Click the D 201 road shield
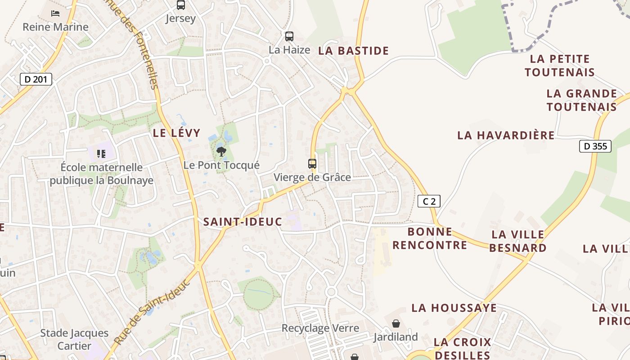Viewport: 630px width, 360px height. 36,80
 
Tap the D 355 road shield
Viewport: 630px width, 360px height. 595,146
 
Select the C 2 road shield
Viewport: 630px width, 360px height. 429,201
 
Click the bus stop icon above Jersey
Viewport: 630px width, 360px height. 180,5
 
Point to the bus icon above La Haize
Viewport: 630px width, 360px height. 289,36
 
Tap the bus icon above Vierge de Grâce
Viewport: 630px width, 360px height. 312,164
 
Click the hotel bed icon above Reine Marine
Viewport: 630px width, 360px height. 55,13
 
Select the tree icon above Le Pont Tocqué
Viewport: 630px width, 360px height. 221,152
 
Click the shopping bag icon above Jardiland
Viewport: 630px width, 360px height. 396,324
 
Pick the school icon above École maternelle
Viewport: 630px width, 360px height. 101,154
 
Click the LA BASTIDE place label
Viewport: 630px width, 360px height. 353,51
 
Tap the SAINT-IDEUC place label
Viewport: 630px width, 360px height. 243,222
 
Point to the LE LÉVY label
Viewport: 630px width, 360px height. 176,133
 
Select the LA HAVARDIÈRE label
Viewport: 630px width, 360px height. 506,135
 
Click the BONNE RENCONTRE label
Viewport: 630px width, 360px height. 430,238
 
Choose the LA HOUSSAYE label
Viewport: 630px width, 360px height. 454,308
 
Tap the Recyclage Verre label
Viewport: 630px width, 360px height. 320,328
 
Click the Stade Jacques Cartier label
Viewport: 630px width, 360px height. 74,339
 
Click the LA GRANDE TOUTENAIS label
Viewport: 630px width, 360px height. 581,100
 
